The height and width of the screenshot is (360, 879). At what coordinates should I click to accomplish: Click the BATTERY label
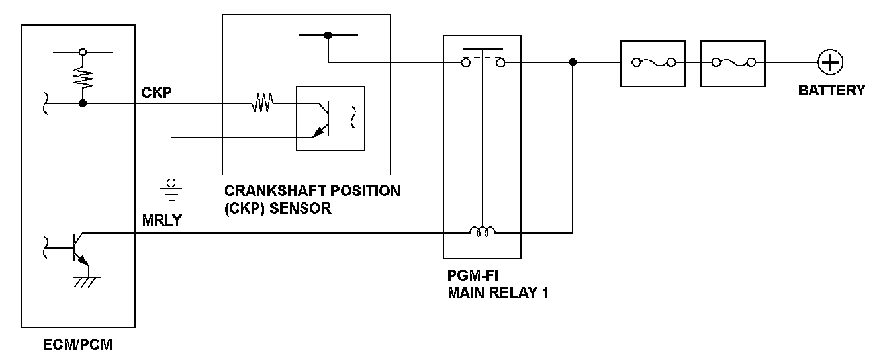point(831,91)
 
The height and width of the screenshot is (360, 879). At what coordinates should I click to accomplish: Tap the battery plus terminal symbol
point(829,62)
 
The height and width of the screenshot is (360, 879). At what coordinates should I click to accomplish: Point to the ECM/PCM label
point(78,345)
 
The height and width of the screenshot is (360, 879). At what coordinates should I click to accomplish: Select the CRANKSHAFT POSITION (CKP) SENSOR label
point(312,199)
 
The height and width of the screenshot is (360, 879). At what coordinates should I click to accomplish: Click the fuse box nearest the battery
point(733,63)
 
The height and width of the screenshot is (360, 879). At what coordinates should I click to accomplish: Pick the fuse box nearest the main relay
point(653,63)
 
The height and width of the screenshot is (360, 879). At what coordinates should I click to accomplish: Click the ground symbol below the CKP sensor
point(171,189)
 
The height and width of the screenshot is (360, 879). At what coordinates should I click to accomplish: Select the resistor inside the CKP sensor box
point(262,103)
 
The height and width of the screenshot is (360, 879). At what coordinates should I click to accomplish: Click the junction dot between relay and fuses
point(573,62)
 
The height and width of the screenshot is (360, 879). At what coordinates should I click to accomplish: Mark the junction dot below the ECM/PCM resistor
point(83,103)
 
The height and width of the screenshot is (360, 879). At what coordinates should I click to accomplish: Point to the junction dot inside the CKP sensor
point(328,36)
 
